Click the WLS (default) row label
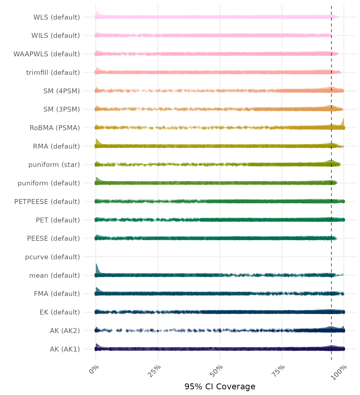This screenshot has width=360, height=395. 57,17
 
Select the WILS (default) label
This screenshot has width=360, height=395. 56,35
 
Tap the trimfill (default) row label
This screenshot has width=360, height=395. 53,73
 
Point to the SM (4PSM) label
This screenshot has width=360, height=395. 62,91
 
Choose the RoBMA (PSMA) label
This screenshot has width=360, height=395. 55,128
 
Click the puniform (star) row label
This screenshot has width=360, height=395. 54,165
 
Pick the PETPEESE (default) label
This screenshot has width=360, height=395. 47,202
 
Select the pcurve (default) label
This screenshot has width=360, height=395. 52,257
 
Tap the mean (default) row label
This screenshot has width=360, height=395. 55,275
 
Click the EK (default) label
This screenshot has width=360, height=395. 60,312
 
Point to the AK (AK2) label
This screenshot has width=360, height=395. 65,331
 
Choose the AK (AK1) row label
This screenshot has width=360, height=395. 65,349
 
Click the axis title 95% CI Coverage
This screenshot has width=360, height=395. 220,387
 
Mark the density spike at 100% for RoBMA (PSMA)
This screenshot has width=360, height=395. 343,122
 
